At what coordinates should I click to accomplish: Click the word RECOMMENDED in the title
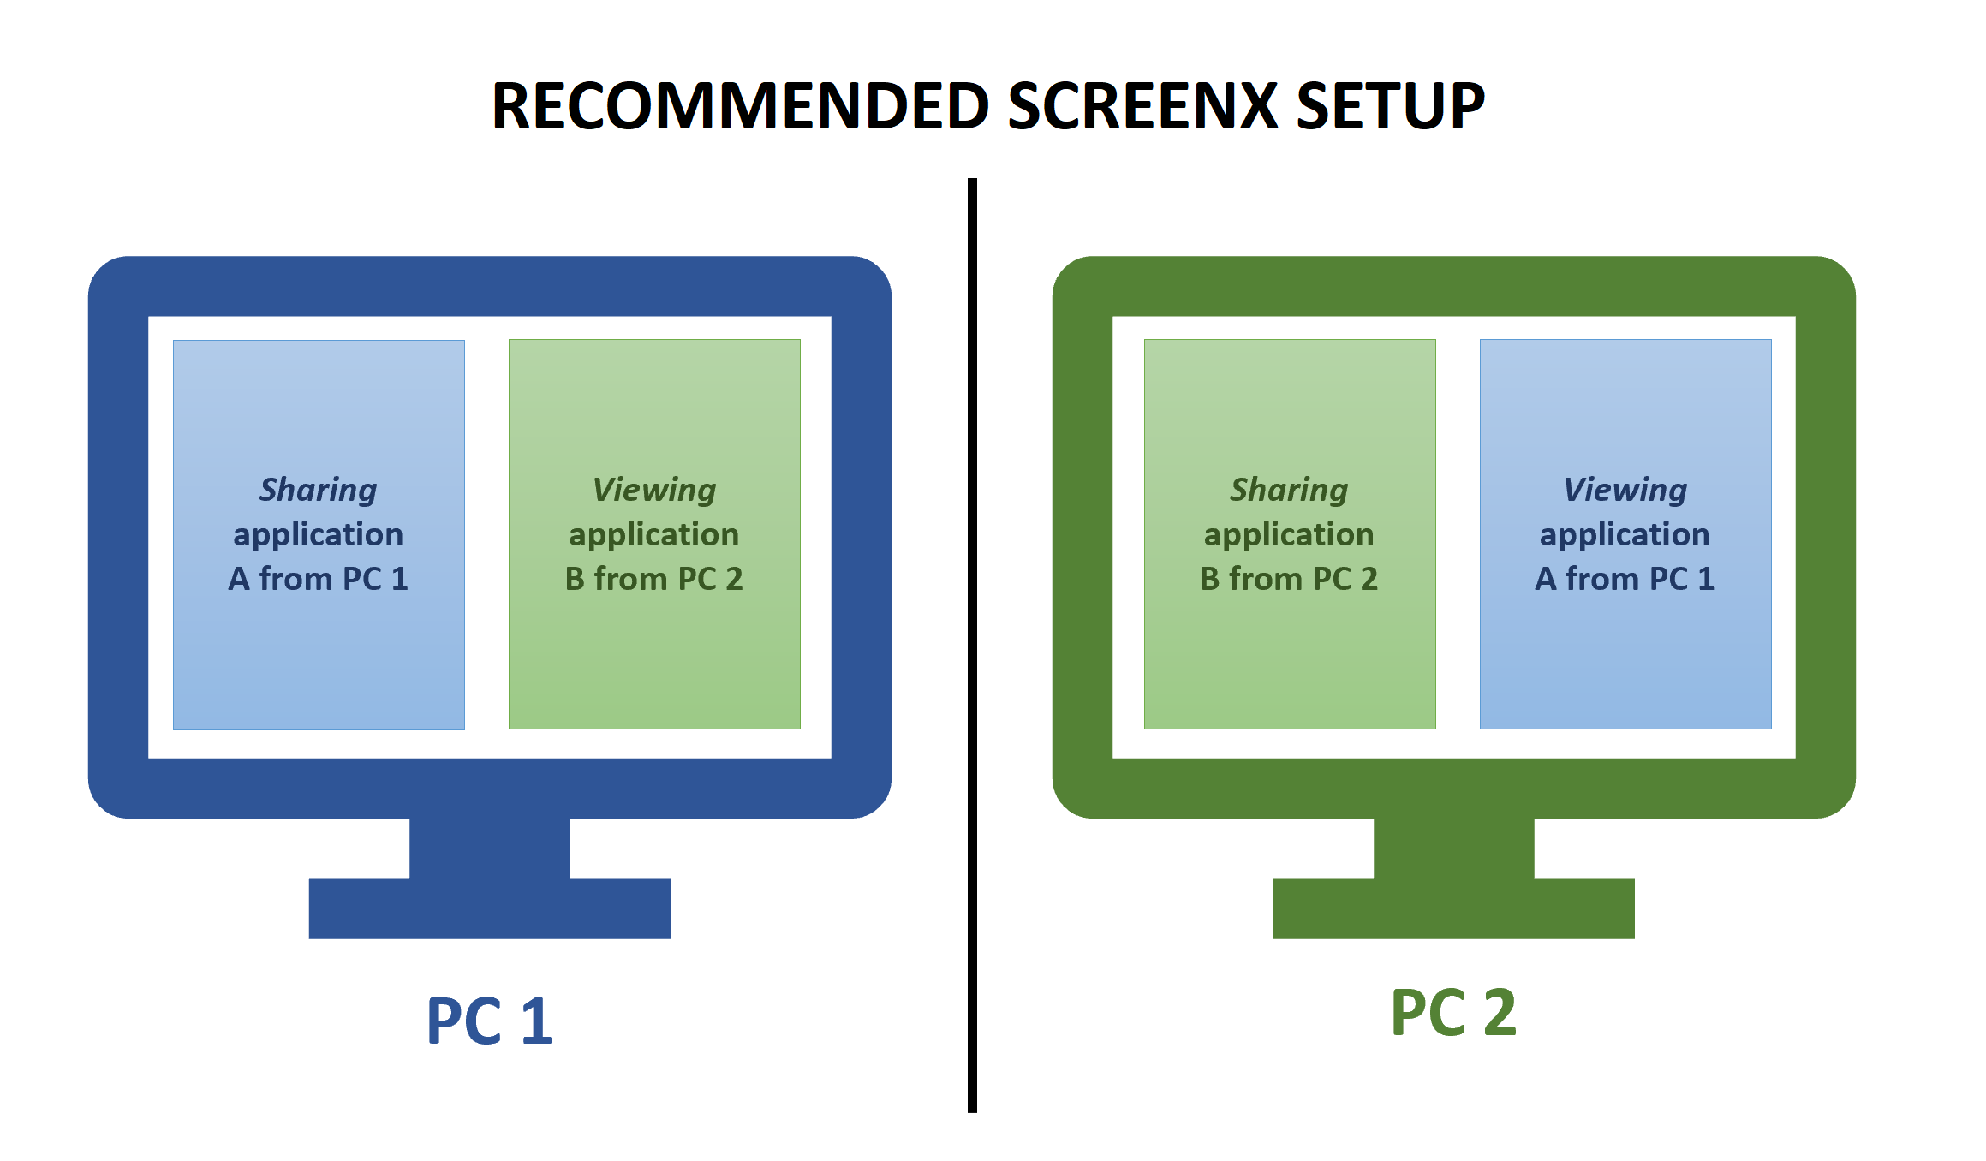[740, 106]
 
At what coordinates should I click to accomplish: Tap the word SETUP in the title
[1390, 106]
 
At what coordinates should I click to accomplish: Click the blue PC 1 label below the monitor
[489, 1021]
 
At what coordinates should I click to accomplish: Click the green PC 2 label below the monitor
[1453, 1013]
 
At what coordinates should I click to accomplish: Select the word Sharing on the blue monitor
[318, 490]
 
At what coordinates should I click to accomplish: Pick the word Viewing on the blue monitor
[654, 490]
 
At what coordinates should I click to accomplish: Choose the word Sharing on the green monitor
[1289, 490]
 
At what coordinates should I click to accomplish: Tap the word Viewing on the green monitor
[1625, 490]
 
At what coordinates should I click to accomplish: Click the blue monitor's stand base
[489, 908]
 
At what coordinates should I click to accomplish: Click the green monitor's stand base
[1453, 908]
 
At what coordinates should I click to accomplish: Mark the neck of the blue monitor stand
[489, 848]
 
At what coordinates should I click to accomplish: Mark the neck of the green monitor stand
[1453, 848]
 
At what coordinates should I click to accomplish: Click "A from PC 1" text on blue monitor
[318, 579]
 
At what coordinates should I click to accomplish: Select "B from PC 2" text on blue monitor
[654, 579]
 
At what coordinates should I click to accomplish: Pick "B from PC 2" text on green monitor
[1289, 579]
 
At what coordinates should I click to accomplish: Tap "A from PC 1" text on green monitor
[1625, 579]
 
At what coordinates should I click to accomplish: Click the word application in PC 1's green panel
[654, 535]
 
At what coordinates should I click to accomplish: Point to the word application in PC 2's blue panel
[1625, 535]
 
